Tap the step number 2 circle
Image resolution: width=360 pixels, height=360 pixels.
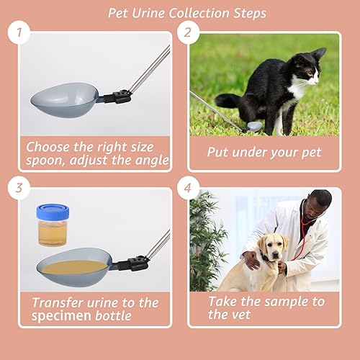188,32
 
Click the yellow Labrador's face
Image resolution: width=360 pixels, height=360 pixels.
275,248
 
